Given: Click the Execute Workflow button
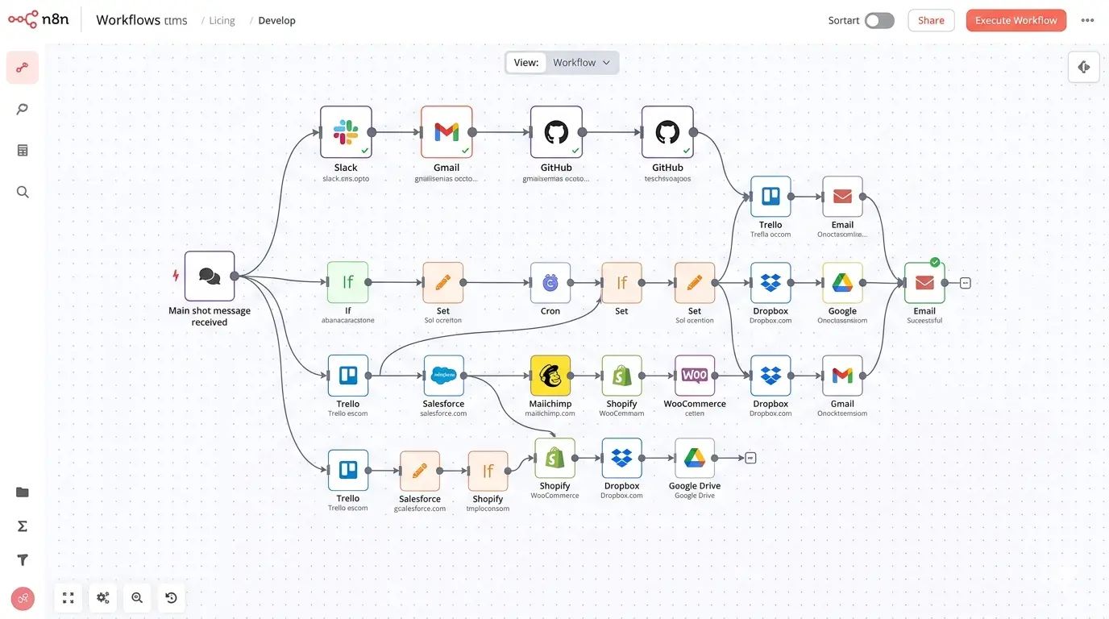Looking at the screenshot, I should (1016, 21).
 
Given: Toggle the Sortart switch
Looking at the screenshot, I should (879, 21).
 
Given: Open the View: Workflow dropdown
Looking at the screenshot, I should (562, 63).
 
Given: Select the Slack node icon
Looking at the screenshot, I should (346, 132).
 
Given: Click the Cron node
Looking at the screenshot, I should (550, 283).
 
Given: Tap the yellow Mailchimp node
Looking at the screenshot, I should (550, 376).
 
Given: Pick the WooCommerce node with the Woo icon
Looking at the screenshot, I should (694, 376).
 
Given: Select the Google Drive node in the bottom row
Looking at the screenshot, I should (694, 459).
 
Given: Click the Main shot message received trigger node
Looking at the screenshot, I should (210, 276).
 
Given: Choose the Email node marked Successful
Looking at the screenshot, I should (924, 283).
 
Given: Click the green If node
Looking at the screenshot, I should (347, 283).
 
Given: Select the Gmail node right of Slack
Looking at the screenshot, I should (447, 132).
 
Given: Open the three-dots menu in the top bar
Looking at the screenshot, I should (1087, 21).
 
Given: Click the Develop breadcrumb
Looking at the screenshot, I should (276, 21).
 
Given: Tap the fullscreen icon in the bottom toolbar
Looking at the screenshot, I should (69, 597).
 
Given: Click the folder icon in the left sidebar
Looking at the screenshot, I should (23, 492).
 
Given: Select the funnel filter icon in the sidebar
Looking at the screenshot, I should (23, 560).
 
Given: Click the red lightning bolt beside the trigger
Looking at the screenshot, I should (176, 276).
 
